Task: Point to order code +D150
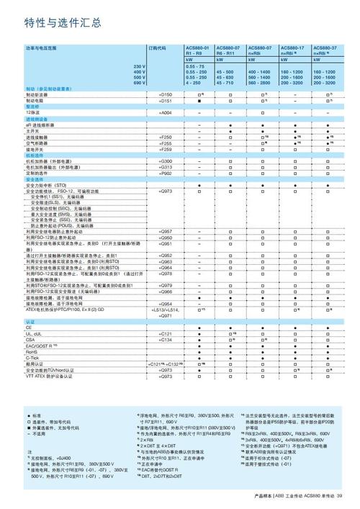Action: pos(165,94)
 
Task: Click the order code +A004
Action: pos(165,113)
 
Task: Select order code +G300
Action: pos(165,161)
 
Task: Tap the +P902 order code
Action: pos(165,174)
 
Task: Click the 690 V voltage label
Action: pos(138,83)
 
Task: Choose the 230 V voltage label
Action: pos(138,66)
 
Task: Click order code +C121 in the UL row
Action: pos(165,333)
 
